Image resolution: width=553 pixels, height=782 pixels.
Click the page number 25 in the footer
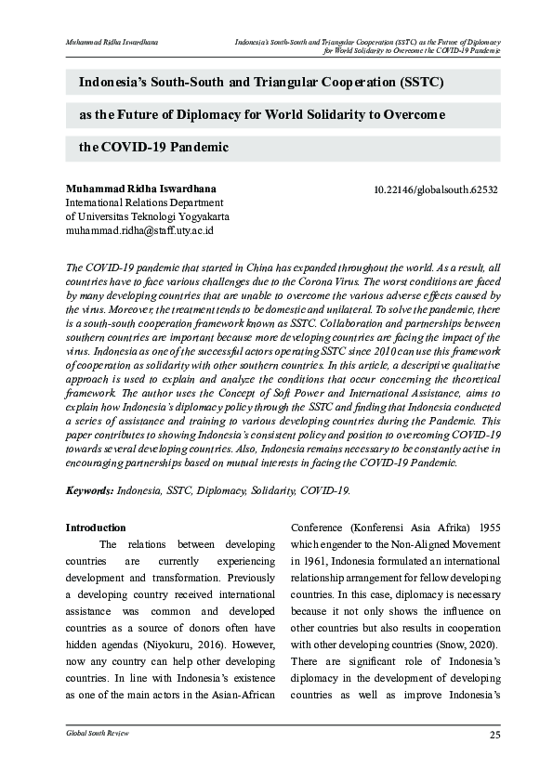click(x=494, y=736)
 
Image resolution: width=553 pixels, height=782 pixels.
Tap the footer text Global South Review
click(x=97, y=734)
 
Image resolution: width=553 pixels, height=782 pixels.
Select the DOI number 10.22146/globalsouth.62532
click(x=435, y=189)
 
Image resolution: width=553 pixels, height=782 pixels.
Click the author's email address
click(x=139, y=229)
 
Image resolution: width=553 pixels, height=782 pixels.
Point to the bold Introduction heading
click(x=95, y=528)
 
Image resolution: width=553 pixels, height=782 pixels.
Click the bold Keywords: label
click(x=89, y=489)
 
